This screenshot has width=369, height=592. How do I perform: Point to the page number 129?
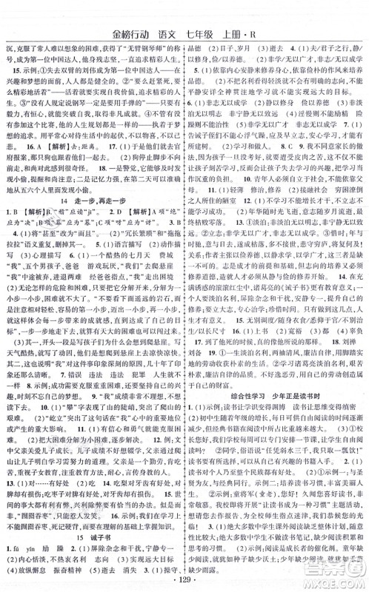click(184, 582)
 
